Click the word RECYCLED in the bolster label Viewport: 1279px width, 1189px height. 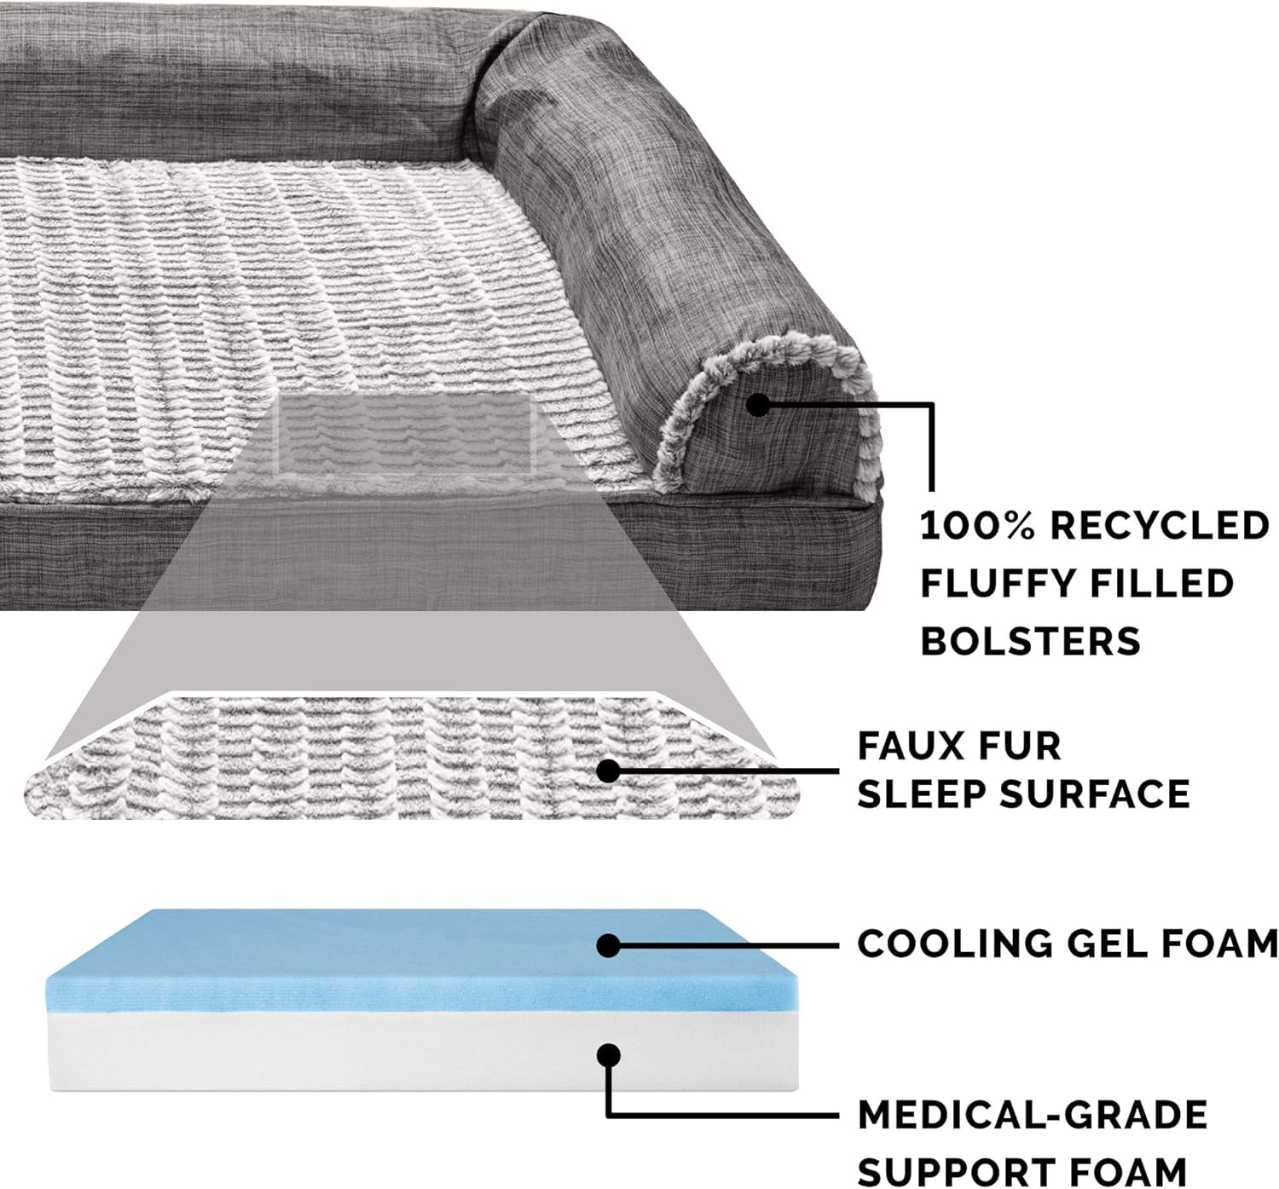pyautogui.click(x=1160, y=527)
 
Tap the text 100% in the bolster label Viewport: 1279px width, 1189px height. pyautogui.click(x=977, y=527)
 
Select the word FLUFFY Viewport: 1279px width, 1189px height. pyautogui.click(x=987, y=584)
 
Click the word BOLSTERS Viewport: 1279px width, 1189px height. pyautogui.click(x=1030, y=641)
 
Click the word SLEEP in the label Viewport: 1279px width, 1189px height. pyautogui.click(x=922, y=794)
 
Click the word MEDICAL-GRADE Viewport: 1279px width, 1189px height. pyautogui.click(x=1033, y=1116)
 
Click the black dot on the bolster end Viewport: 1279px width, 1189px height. pyautogui.click(x=758, y=406)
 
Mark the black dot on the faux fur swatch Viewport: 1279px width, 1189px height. pyautogui.click(x=608, y=771)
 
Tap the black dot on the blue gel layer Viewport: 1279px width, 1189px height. pyautogui.click(x=608, y=945)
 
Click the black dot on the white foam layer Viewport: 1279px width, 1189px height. pyautogui.click(x=608, y=1054)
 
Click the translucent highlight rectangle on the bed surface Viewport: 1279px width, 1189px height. pyautogui.click(x=404, y=434)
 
